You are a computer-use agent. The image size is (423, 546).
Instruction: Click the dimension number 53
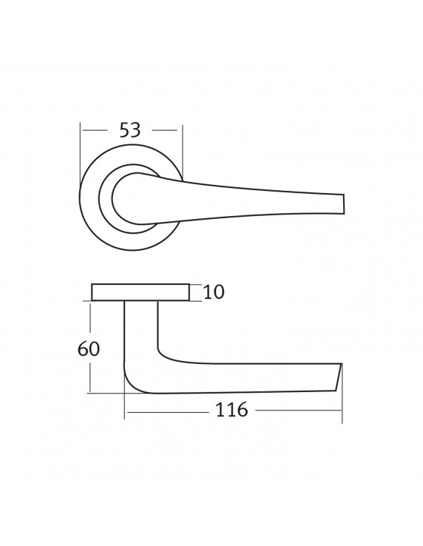(x=130, y=130)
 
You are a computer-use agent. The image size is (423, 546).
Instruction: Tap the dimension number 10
(x=214, y=291)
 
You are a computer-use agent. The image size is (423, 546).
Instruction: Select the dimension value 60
(x=89, y=348)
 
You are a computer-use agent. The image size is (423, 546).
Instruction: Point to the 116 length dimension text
(x=232, y=410)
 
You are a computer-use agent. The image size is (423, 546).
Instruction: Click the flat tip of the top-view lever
(x=343, y=203)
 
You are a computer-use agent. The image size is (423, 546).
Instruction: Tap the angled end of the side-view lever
(x=339, y=377)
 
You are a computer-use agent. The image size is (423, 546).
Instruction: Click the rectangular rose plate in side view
(x=141, y=292)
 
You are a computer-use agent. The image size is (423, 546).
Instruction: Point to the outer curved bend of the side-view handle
(x=132, y=384)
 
